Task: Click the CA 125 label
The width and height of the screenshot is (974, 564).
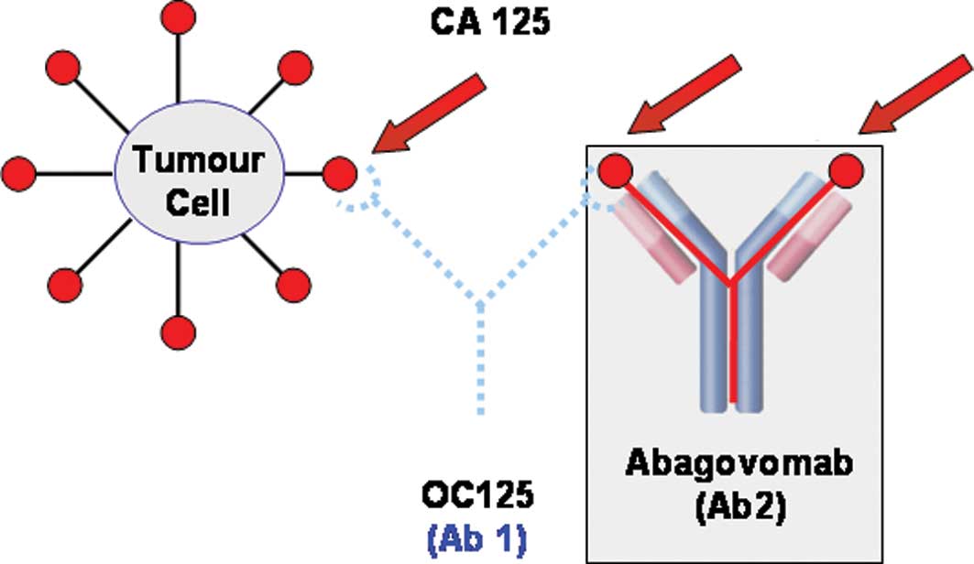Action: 490,20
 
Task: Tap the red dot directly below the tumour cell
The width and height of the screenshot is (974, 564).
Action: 176,329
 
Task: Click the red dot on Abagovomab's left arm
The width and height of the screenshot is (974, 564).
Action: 614,170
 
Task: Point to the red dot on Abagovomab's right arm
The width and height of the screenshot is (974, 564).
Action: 845,170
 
